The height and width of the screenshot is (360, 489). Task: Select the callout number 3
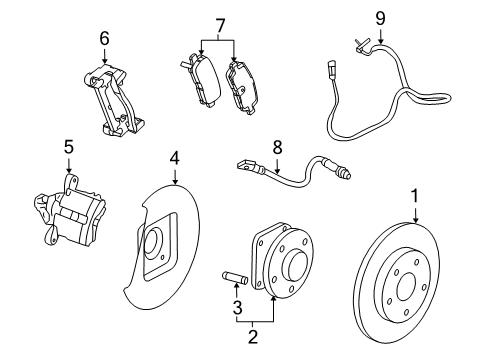click(237, 308)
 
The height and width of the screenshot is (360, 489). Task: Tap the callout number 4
click(174, 157)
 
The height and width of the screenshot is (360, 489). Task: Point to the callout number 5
click(69, 146)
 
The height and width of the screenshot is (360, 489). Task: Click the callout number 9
click(380, 17)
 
